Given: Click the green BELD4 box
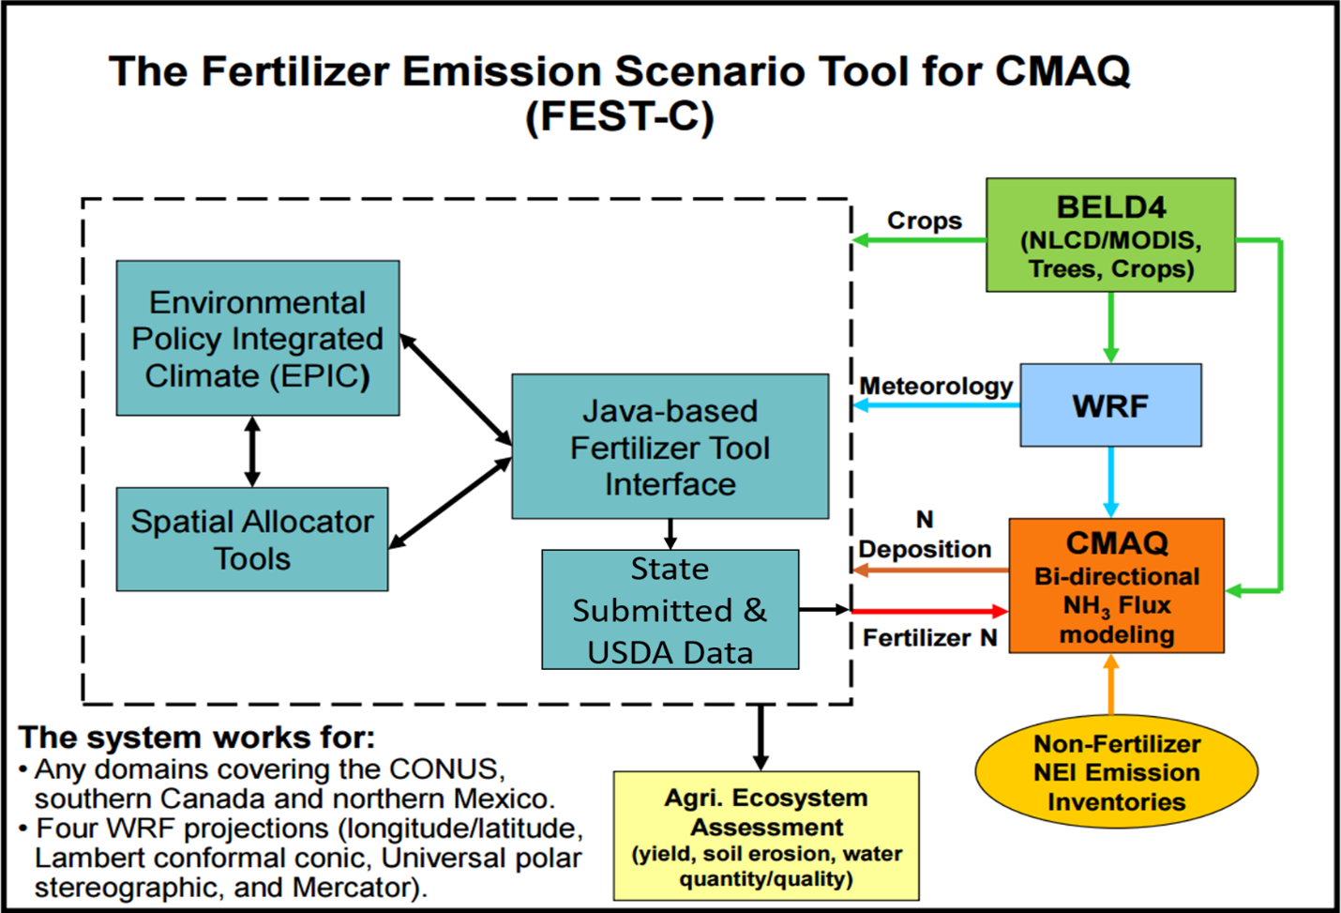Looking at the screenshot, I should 1110,236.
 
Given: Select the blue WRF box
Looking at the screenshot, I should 1110,405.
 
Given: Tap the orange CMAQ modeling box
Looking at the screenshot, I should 1116,586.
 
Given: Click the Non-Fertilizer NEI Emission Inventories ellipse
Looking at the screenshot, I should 1116,772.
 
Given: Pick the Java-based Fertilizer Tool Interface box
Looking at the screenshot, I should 670,447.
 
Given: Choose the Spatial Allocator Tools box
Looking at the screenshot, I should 251,540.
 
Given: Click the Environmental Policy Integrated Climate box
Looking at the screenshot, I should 257,339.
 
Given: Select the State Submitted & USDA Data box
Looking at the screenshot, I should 670,610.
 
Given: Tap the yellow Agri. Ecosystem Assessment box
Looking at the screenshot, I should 766,836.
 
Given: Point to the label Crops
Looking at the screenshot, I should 925,221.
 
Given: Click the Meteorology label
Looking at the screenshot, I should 936,386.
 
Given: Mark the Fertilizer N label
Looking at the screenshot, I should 929,638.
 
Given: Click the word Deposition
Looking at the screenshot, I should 925,549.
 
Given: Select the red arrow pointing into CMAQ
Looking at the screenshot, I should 928,611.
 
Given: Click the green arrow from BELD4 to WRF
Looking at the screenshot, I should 1110,327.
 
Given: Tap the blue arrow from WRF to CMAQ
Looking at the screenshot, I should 1110,481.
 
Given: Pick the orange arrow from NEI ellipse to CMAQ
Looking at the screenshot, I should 1111,685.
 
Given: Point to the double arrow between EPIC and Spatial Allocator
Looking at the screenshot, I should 251,451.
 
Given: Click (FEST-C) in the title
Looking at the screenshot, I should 620,117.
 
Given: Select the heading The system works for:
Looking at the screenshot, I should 197,738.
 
